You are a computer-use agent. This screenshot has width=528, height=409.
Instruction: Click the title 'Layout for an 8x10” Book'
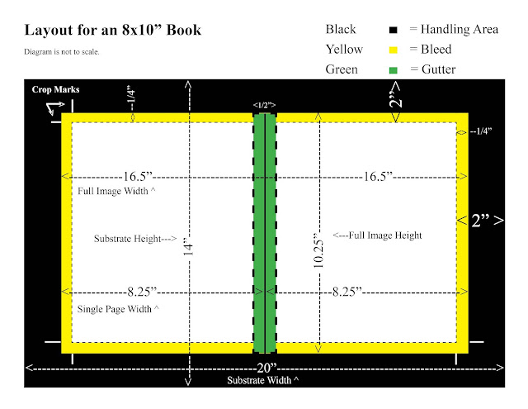pyautogui.click(x=113, y=30)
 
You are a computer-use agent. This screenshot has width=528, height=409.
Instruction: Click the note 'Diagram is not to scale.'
pyautogui.click(x=62, y=51)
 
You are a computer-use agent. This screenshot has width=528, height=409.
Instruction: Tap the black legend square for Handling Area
pyautogui.click(x=393, y=30)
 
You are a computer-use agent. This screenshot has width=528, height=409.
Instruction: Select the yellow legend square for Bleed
pyautogui.click(x=393, y=50)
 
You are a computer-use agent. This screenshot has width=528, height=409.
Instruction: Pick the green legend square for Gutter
pyautogui.click(x=393, y=70)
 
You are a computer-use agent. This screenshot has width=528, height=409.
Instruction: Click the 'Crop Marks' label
pyautogui.click(x=55, y=89)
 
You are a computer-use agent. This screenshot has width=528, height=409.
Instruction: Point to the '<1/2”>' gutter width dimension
pyautogui.click(x=264, y=105)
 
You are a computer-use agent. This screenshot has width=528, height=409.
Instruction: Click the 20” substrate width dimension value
pyautogui.click(x=266, y=368)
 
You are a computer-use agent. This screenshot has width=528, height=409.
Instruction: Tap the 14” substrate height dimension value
pyautogui.click(x=188, y=246)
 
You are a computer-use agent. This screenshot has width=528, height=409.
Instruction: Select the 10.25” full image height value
pyautogui.click(x=318, y=250)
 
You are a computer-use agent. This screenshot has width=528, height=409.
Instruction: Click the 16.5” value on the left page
pyautogui.click(x=138, y=176)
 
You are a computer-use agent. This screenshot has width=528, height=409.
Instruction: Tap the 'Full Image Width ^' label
pyautogui.click(x=116, y=191)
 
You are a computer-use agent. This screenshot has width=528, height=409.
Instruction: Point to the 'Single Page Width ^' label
pyautogui.click(x=118, y=309)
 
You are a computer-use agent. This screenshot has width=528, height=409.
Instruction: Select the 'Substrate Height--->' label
pyautogui.click(x=135, y=239)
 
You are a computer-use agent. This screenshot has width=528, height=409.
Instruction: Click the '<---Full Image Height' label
pyautogui.click(x=377, y=235)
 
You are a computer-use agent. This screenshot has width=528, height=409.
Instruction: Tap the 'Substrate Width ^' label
pyautogui.click(x=262, y=380)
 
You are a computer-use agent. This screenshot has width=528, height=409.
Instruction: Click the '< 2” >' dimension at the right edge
pyautogui.click(x=480, y=221)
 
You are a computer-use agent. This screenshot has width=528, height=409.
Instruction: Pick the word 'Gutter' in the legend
pyautogui.click(x=438, y=69)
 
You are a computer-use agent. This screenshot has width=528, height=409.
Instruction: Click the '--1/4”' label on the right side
pyautogui.click(x=481, y=131)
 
